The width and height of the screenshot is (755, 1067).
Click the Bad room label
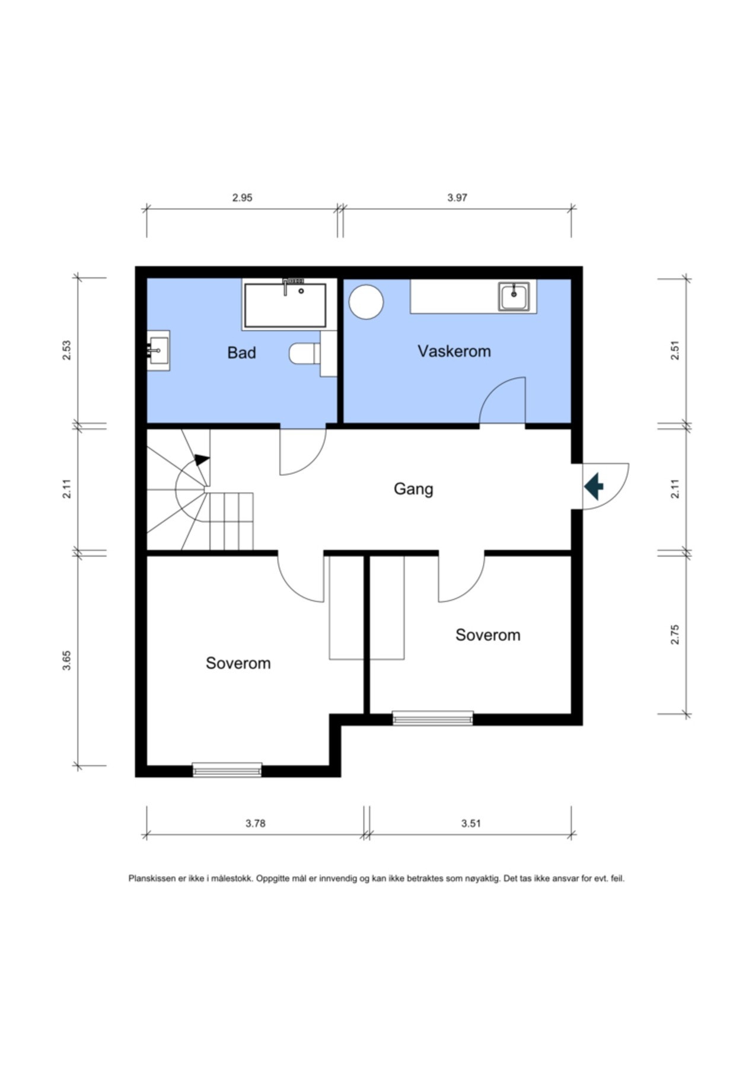[241, 353]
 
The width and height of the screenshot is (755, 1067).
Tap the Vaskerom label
[454, 351]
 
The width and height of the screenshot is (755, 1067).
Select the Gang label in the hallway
[413, 489]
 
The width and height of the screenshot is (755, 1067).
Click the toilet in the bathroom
[305, 354]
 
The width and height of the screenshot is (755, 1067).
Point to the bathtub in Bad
[285, 305]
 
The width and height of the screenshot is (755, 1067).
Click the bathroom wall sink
[158, 350]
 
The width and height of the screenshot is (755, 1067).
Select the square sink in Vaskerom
[514, 296]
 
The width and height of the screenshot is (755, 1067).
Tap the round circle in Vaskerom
[367, 302]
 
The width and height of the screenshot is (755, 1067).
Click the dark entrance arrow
[594, 486]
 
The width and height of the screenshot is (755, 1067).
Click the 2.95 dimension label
[242, 197]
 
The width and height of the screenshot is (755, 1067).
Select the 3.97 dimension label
[457, 197]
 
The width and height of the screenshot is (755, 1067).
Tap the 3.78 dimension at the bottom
[255, 823]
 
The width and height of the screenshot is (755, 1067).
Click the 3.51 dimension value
[471, 823]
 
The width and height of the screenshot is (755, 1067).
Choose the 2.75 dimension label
[674, 635]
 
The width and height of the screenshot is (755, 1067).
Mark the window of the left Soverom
[227, 770]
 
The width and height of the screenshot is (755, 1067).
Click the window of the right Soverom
[433, 718]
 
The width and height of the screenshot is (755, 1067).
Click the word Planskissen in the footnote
[152, 878]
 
